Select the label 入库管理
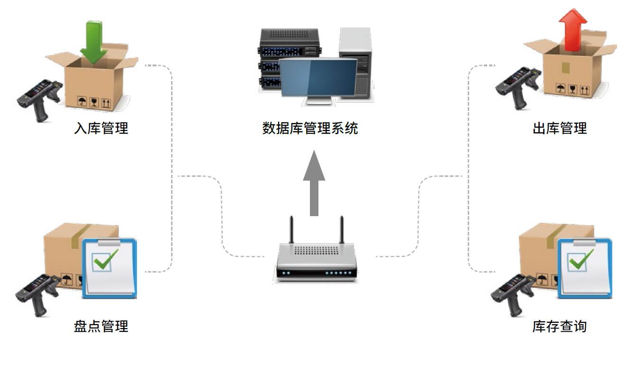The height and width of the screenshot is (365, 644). coord(101,128)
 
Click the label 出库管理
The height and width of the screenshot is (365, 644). coord(560,128)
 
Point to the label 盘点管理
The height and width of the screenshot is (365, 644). coord(101,326)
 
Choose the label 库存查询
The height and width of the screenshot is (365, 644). coord(560,326)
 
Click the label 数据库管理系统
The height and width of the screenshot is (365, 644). coord(310,128)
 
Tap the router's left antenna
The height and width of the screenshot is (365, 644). coord(292,229)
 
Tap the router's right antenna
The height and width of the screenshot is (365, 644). coord(341,229)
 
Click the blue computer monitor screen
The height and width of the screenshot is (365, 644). coord(318,78)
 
